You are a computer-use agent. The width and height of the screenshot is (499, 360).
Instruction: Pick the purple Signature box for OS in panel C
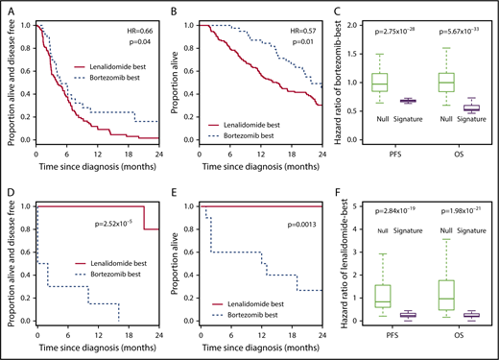(470, 108)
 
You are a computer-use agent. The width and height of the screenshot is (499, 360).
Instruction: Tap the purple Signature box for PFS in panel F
(414, 315)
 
